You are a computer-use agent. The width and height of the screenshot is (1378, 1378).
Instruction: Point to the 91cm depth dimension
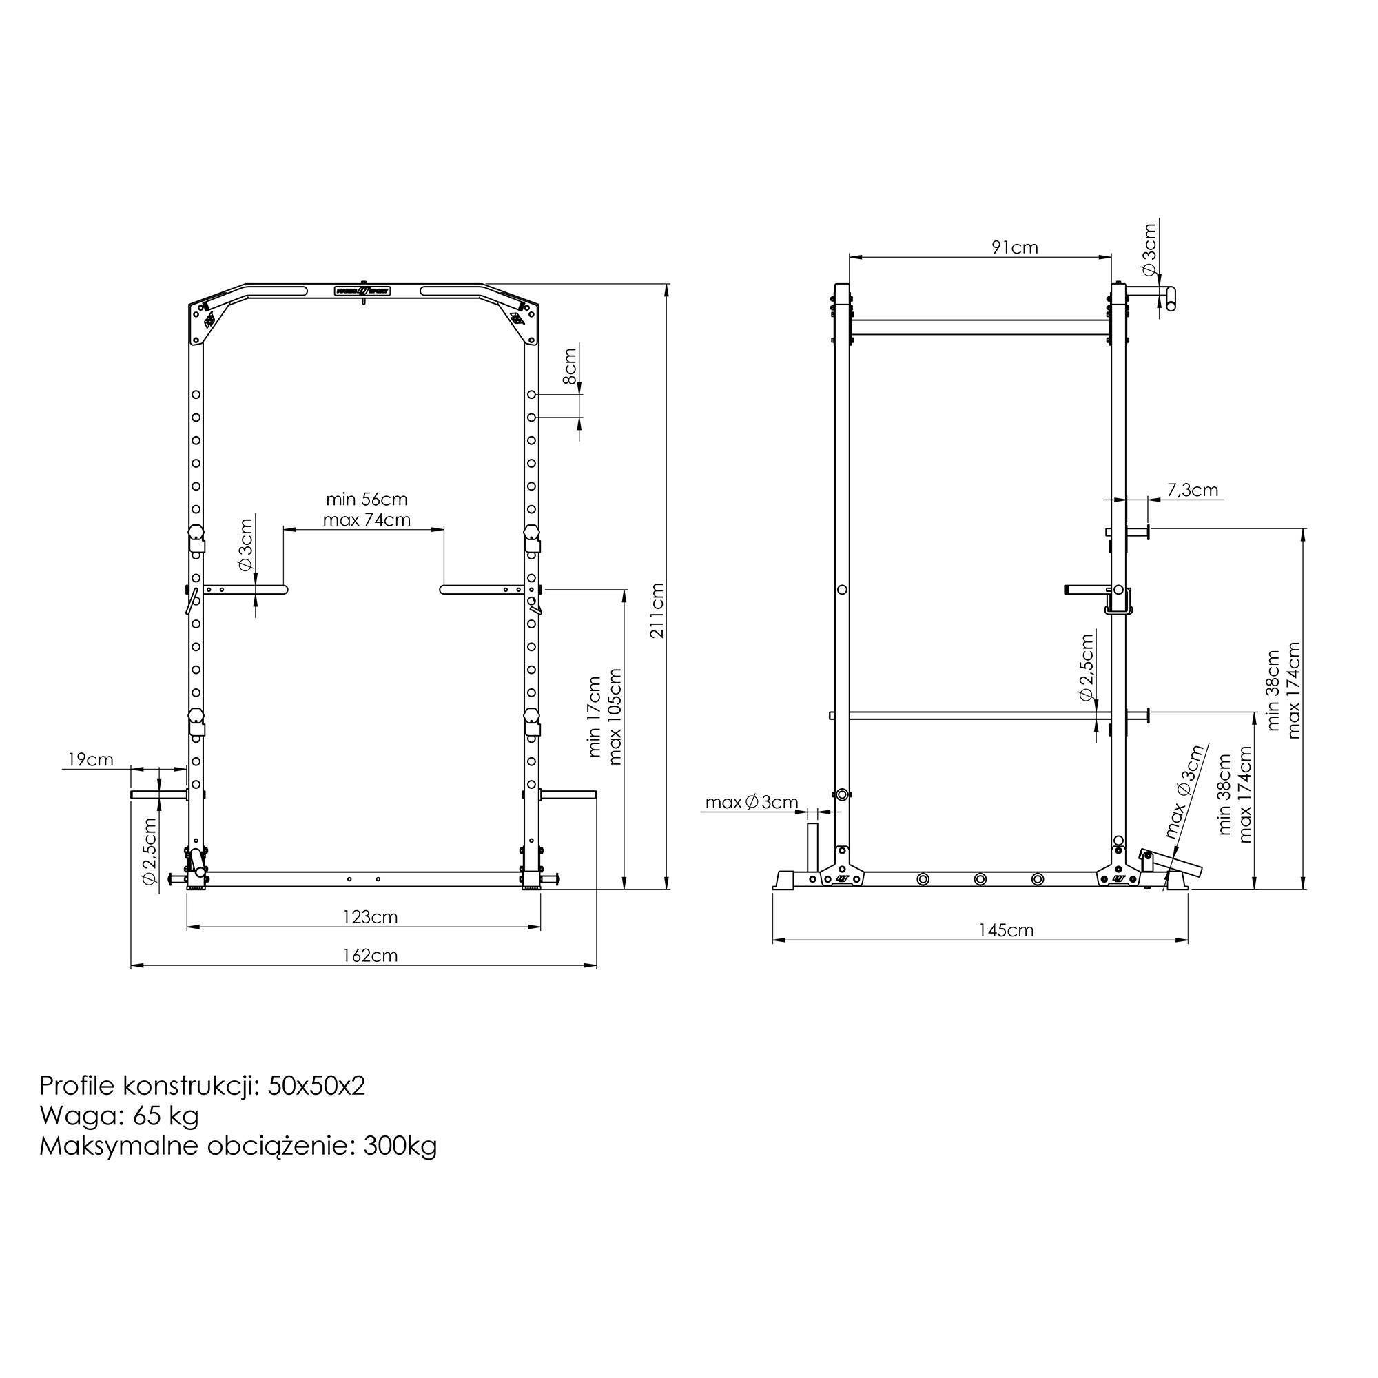tap(1015, 247)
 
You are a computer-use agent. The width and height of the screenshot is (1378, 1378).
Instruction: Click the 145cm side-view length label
tap(1007, 930)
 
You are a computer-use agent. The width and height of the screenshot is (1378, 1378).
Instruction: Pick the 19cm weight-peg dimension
tap(90, 759)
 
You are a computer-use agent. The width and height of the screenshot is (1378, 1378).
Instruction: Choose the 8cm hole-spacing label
tap(570, 367)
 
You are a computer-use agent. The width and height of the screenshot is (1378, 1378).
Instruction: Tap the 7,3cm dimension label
tap(1193, 490)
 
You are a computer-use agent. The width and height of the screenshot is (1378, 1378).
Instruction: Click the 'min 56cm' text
tap(367, 500)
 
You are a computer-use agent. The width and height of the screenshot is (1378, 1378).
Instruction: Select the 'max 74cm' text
tap(367, 520)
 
